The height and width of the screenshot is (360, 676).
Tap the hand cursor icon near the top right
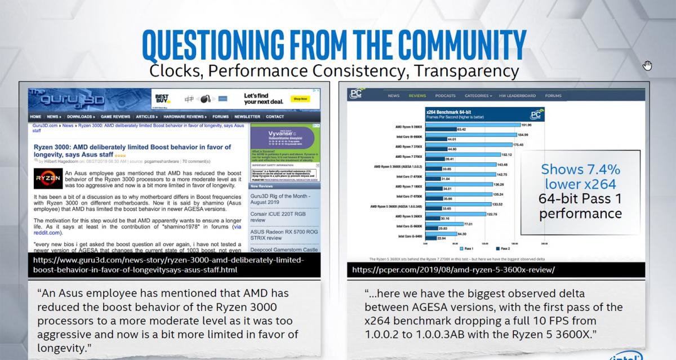(x=647, y=65)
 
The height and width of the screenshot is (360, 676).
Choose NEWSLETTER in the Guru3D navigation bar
(x=247, y=117)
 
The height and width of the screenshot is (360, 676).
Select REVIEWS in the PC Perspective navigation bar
(x=417, y=96)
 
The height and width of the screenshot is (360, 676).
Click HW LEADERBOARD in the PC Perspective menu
(x=517, y=96)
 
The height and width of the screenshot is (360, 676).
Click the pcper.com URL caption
(x=453, y=270)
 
